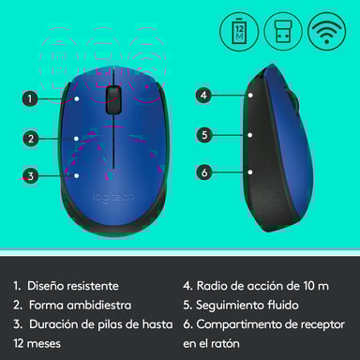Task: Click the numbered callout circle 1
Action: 30,97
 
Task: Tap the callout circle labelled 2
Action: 30,139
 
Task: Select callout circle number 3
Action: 30,175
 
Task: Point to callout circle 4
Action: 203,95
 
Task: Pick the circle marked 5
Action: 203,134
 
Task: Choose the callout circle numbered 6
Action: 203,172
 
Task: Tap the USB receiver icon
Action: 281,32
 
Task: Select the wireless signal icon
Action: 326,32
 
